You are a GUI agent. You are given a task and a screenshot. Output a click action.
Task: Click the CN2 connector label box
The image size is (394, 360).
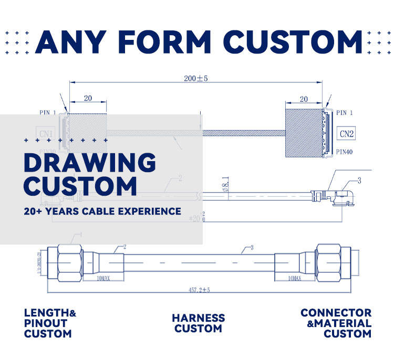pos(346,134)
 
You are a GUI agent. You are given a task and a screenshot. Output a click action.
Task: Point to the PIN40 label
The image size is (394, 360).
pos(345,152)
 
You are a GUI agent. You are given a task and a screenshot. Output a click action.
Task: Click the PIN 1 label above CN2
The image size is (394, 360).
pos(345,113)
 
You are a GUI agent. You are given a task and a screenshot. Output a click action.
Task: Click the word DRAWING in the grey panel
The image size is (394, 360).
pos(90,164)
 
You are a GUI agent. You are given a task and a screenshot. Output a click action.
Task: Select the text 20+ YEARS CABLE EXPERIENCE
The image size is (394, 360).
pos(102,211)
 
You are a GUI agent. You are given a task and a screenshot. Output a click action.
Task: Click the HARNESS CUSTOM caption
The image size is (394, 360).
pos(198,323)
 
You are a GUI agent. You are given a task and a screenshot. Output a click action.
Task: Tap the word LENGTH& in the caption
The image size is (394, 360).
pos(50,313)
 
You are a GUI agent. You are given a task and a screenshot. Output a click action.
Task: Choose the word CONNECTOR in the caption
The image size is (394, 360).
pos(336,313)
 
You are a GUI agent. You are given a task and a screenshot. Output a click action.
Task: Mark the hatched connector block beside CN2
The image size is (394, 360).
pos(303,134)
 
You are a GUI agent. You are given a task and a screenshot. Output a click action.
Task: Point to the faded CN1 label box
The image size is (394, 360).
pos(45,134)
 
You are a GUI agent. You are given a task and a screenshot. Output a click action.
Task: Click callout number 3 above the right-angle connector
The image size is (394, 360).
pos(359,181)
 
